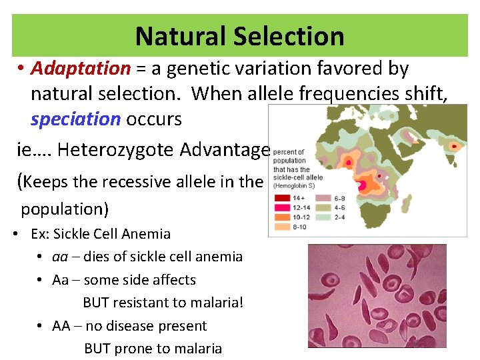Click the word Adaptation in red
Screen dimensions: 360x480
80,69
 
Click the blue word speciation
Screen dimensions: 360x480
75,119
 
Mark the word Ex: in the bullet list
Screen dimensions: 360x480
41,234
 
